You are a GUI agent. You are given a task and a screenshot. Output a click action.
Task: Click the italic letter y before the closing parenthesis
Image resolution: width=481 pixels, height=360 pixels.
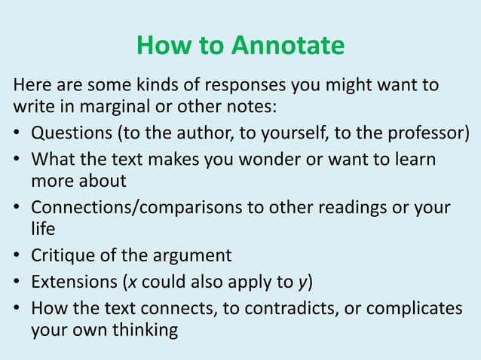coord(302,283)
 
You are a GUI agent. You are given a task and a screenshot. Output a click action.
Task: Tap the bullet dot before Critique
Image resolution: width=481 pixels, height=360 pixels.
coord(17,255)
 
